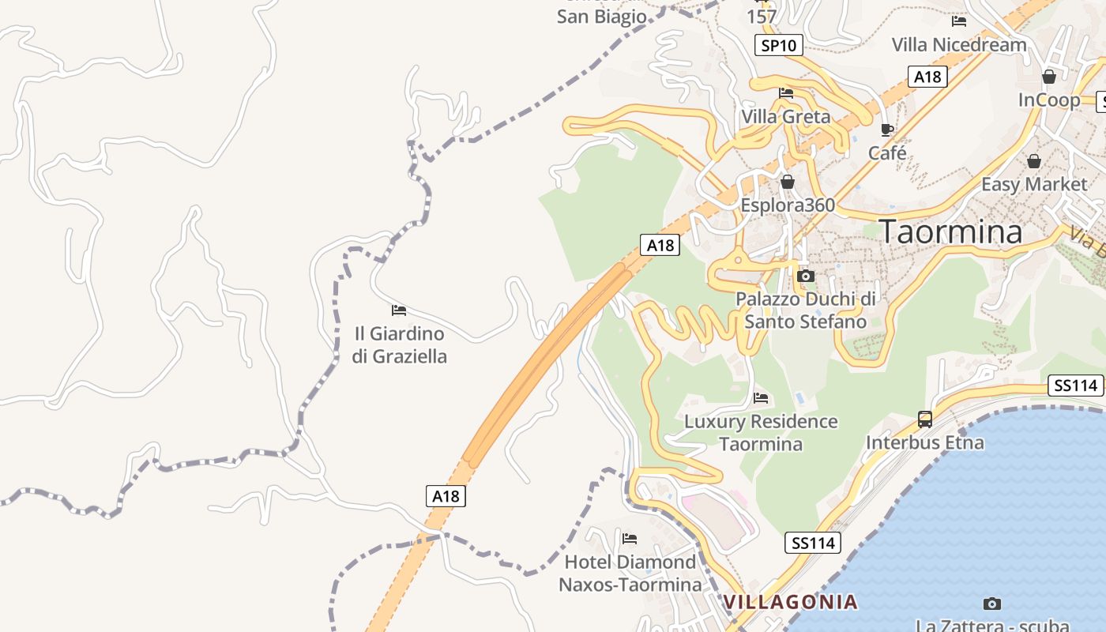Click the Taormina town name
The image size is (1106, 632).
coord(951,231)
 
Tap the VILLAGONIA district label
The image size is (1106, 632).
coord(791,602)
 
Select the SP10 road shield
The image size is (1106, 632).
coord(778,45)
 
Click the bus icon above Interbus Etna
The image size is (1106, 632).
coord(924,419)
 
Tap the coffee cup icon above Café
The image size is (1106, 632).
coord(887,130)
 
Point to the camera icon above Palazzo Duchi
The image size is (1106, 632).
coord(806,276)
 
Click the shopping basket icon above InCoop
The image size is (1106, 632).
coord(1049,77)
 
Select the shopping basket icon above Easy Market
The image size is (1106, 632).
coord(1033,161)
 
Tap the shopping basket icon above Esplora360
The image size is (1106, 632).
coord(787,182)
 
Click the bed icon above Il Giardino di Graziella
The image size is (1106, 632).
coord(399,310)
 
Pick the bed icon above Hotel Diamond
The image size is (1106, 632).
coord(630,539)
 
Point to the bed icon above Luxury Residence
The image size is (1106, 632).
coord(761,397)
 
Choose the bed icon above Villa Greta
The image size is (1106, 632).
coord(786,93)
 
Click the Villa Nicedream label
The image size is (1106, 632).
coord(959,44)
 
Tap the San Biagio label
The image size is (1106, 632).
coord(602,17)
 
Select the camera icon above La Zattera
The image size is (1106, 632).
coord(991,604)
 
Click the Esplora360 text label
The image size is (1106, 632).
coord(787,205)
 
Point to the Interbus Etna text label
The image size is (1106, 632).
coord(924,442)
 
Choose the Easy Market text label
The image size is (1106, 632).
coord(1033,184)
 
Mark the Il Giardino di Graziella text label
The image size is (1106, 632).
coord(399,345)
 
